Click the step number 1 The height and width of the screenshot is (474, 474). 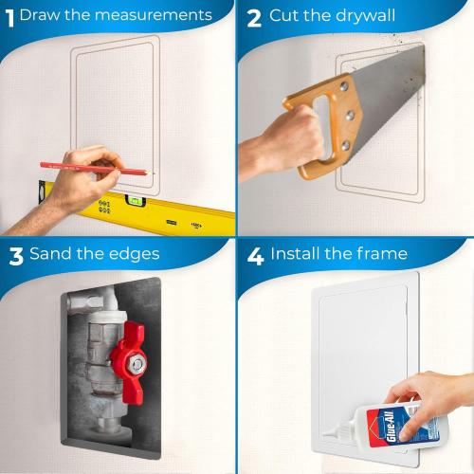(x=9, y=15)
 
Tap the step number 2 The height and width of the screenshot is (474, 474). (x=253, y=16)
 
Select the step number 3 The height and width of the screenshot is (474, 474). (x=14, y=254)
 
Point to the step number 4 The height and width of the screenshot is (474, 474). (x=253, y=254)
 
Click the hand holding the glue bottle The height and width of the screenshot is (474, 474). (x=436, y=403)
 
